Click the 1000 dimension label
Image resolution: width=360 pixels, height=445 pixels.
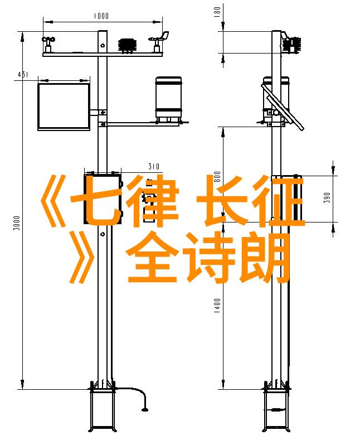[x=101, y=16]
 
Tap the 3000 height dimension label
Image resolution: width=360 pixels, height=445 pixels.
[x=17, y=223]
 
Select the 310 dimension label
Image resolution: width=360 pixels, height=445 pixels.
[x=154, y=166]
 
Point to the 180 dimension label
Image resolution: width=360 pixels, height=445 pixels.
[x=217, y=12]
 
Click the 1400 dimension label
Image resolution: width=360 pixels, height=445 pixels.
[x=217, y=306]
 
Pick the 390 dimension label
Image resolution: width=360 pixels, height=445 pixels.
[x=327, y=197]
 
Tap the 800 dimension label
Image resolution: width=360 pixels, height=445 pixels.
[x=217, y=177]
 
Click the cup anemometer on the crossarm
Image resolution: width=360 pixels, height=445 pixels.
[x=48, y=44]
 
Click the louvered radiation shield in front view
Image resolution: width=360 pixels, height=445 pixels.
[x=128, y=46]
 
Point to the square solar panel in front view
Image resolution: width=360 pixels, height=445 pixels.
[x=64, y=107]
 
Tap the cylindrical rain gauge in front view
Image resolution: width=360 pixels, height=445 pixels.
[x=168, y=99]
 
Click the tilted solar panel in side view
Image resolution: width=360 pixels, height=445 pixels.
[x=283, y=107]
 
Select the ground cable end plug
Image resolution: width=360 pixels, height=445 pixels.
[x=145, y=409]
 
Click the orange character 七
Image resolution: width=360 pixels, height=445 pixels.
[x=97, y=200]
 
